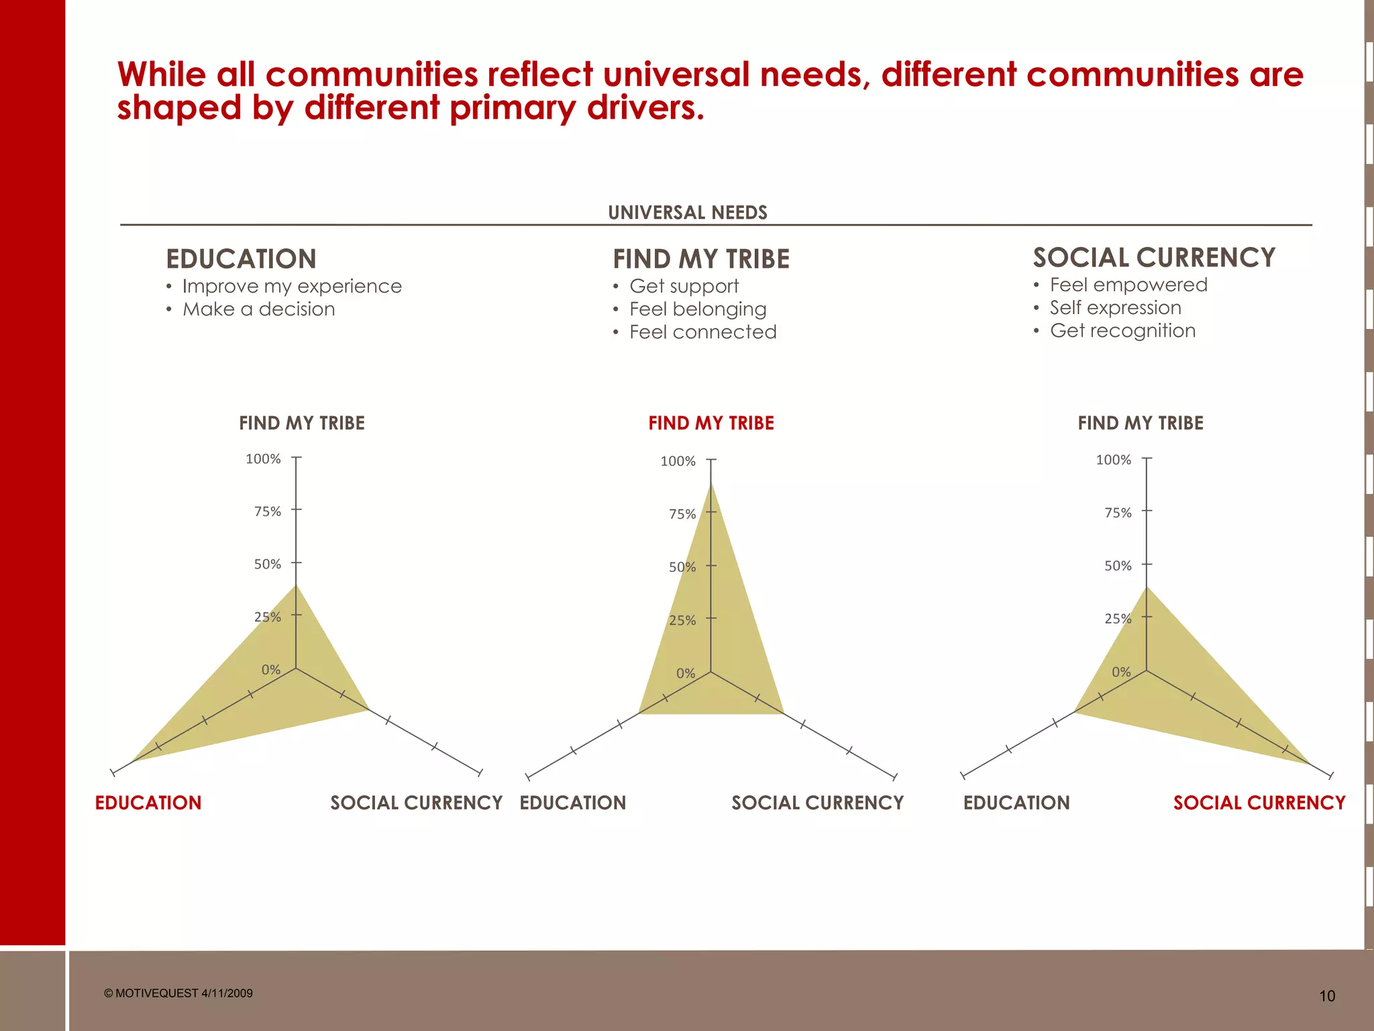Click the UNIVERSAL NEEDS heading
point(687,213)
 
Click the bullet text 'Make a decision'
point(258,309)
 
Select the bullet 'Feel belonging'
point(697,309)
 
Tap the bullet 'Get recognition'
point(1122,331)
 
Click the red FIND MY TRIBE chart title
point(710,423)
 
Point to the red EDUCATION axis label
point(148,803)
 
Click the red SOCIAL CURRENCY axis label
point(1259,803)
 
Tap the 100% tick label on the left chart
point(263,459)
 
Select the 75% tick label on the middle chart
point(682,514)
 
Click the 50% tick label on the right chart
point(1118,566)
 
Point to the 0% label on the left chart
point(270,670)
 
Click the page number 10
point(1326,996)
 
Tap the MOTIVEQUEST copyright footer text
point(178,993)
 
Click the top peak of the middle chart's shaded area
point(711,483)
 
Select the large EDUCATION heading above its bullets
point(241,259)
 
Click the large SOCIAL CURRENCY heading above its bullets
point(1153,258)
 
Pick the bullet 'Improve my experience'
point(292,287)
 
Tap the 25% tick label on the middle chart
point(682,620)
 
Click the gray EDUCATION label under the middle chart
point(572,803)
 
